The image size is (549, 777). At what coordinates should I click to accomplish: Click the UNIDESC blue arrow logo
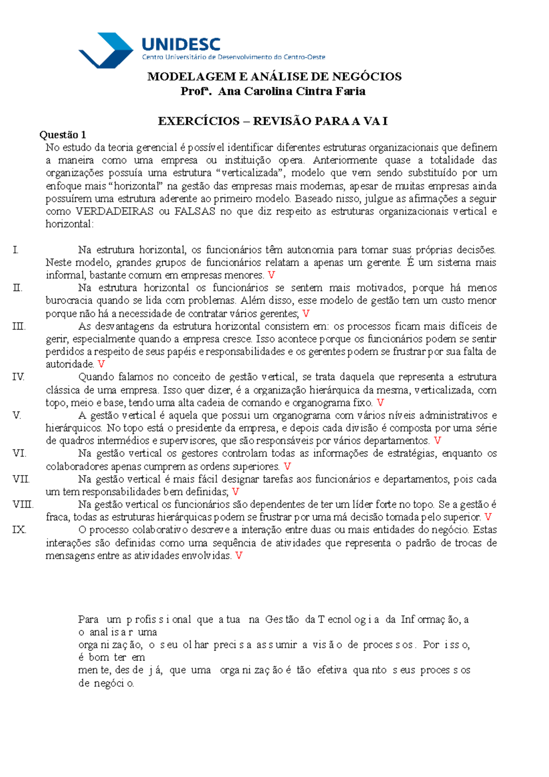[106, 50]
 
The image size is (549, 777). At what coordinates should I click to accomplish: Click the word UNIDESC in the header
[181, 44]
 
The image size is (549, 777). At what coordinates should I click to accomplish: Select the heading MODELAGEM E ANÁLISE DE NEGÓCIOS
[274, 76]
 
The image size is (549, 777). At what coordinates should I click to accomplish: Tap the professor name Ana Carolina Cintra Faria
[291, 92]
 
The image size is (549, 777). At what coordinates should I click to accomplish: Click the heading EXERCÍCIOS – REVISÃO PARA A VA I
[273, 121]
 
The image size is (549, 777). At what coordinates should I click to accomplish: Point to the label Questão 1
[63, 135]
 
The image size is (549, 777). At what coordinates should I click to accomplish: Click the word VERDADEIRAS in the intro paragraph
[114, 211]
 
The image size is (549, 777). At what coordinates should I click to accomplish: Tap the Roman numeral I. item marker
[16, 250]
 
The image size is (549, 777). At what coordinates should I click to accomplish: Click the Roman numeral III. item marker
[19, 326]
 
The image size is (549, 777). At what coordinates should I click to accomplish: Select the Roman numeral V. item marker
[17, 415]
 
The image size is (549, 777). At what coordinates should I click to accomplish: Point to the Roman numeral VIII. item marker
[23, 505]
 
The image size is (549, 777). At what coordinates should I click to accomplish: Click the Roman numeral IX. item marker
[19, 530]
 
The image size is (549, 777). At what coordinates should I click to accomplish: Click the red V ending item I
[271, 275]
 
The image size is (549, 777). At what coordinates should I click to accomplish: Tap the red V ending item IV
[380, 403]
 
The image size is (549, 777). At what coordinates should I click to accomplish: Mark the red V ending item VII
[236, 492]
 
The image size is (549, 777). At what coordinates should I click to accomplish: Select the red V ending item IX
[238, 556]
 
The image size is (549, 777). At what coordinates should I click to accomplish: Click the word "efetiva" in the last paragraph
[332, 670]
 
